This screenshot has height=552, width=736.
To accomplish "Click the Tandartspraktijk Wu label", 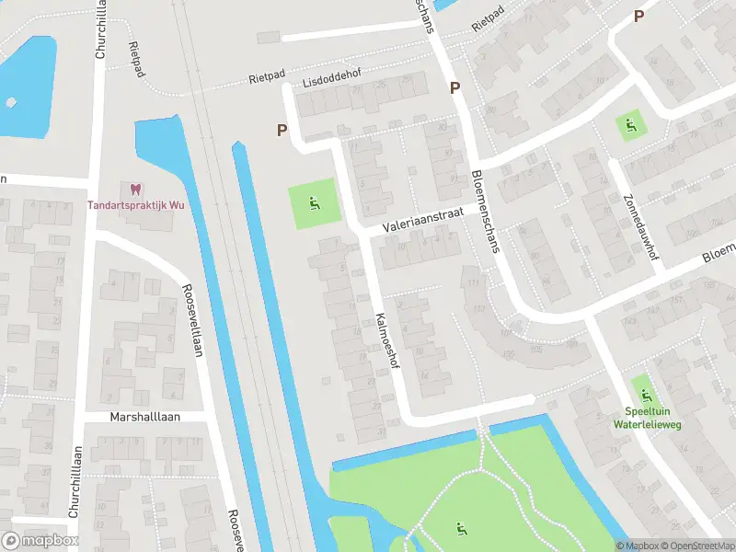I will click(136, 205).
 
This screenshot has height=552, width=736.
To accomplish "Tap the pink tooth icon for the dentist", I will click(136, 190).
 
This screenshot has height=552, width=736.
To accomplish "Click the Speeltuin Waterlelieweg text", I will click(642, 419).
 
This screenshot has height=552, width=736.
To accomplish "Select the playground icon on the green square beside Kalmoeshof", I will click(315, 204).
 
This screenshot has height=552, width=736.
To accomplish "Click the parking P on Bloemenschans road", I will click(454, 88).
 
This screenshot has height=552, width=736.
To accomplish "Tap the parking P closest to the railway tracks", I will click(282, 131).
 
